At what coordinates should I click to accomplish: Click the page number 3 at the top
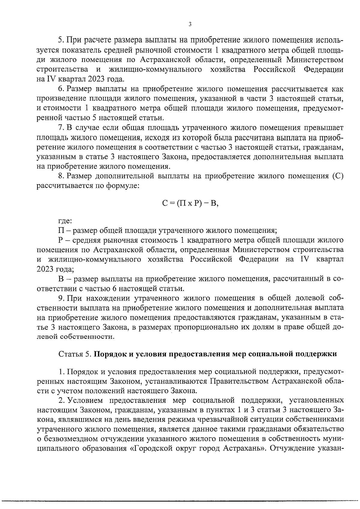coord(190,25)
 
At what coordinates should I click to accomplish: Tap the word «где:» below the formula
coord(65,222)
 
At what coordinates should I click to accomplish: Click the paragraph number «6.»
coord(61,89)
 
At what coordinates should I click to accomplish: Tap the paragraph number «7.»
coord(61,128)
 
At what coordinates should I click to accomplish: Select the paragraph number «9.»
coord(61,298)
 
